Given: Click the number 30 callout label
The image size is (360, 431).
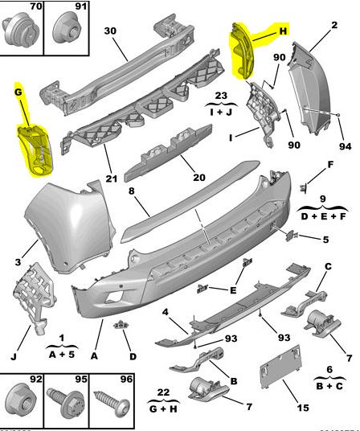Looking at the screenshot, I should pyautogui.click(x=111, y=31).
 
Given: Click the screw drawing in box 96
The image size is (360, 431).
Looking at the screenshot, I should pyautogui.click(x=107, y=403).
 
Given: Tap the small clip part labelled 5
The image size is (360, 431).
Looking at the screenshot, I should pyautogui.click(x=291, y=236).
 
